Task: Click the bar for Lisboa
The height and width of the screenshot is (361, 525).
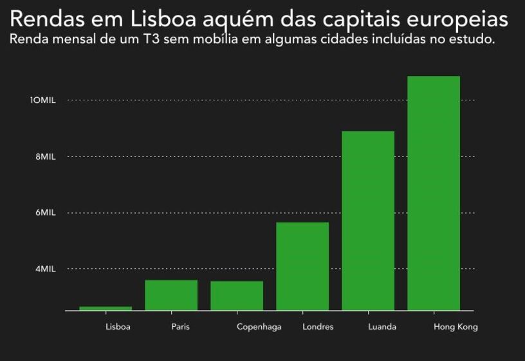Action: (x=106, y=308)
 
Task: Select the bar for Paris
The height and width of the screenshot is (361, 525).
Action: (x=171, y=295)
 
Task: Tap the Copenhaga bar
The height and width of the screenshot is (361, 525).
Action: (x=237, y=296)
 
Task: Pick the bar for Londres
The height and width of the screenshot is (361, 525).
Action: (x=302, y=266)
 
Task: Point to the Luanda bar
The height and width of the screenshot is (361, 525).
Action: (x=368, y=221)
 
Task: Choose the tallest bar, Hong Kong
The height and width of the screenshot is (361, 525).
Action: (x=434, y=193)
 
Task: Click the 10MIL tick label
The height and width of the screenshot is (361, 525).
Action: (x=42, y=100)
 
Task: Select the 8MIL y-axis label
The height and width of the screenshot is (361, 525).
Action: (x=45, y=156)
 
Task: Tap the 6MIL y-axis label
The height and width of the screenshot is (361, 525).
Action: (x=45, y=213)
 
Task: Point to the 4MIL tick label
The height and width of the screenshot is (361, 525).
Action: (x=45, y=269)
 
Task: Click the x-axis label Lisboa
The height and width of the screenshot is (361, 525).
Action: (x=118, y=327)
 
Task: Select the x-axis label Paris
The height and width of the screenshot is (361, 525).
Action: (x=180, y=327)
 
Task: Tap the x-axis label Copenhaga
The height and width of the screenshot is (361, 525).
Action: (x=259, y=327)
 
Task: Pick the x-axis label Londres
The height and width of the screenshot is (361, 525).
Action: (x=318, y=327)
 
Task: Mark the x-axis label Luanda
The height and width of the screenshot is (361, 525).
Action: (x=382, y=327)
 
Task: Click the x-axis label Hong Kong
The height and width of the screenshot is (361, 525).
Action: (x=456, y=327)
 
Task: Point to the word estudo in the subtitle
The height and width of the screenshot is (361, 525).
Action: (x=474, y=39)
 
